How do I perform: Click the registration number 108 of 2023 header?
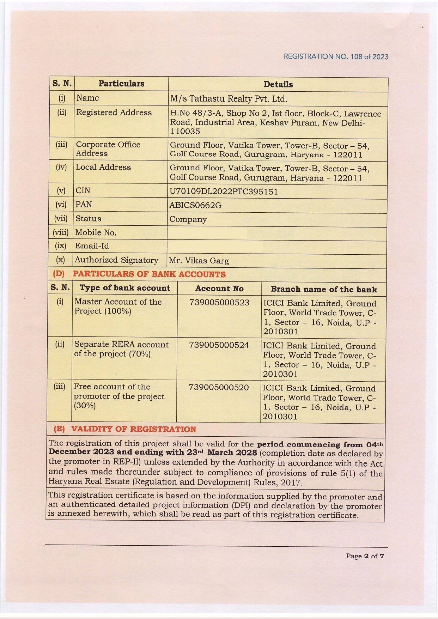[336, 56]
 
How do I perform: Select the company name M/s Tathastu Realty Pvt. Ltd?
[229, 99]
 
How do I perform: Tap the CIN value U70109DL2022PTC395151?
[224, 192]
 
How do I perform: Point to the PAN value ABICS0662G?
[195, 205]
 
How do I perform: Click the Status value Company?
[188, 219]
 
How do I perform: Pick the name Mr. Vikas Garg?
[199, 261]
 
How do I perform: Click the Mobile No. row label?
[96, 232]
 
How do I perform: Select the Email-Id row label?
[92, 246]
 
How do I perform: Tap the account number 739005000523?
[219, 302]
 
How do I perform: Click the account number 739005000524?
[219, 345]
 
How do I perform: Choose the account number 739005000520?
[219, 387]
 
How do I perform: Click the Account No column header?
[219, 289]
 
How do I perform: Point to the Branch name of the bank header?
[324, 289]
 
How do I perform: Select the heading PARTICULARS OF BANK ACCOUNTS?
[149, 274]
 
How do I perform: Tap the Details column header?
[278, 84]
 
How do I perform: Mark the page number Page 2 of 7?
[365, 556]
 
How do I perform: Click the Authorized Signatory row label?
[116, 260]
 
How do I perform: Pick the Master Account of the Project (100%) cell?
[118, 306]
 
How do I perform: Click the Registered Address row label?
[114, 113]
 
